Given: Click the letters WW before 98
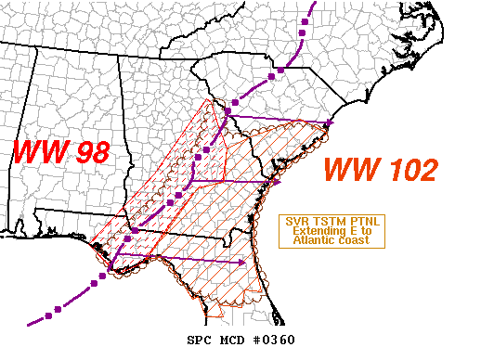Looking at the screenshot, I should click(x=39, y=151).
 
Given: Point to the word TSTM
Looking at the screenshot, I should click(x=320, y=222).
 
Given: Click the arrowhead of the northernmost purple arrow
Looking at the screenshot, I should click(x=330, y=122).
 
